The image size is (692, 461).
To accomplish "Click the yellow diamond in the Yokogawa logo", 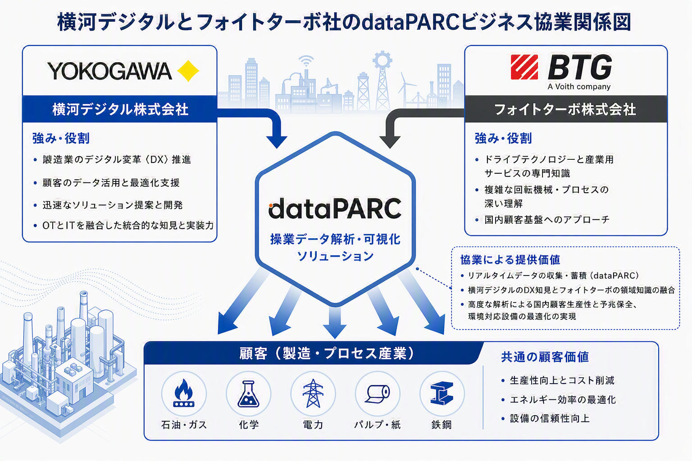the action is coord(188,71).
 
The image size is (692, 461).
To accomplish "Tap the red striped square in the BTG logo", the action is coord(524,67).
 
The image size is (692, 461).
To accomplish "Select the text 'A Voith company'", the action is coord(579,87).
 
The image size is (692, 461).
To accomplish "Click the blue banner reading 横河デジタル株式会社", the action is coord(120,109).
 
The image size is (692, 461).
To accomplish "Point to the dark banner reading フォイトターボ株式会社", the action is coord(566,109).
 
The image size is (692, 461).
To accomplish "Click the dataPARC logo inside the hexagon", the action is coord(335,208).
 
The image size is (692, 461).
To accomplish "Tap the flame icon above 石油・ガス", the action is coord(184,393).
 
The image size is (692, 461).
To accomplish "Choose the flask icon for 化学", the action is coord(248,393).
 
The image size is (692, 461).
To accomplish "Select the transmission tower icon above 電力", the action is coord(313,393).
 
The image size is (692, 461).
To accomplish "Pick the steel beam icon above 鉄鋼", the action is coord(442,393).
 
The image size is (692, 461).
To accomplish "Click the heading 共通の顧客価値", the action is coord(545,357).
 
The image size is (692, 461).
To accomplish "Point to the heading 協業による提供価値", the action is coord(510,260).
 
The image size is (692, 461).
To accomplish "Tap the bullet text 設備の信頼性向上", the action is coord(550,418).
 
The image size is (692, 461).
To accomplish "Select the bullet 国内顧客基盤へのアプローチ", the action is coord(547,220).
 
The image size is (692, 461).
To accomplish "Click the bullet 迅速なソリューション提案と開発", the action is coord(113,205).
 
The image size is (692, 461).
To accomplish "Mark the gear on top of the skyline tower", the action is coord(382,60).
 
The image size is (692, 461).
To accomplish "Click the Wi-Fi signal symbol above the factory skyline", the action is coord(306,61).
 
